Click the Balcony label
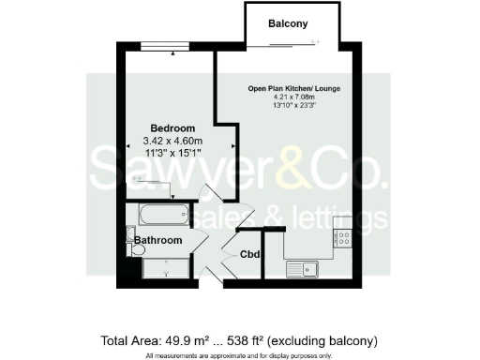coord(288,23)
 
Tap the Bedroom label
coord(173,127)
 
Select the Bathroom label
coord(157,240)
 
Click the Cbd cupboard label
coord(250,254)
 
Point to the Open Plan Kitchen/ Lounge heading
coord(293,88)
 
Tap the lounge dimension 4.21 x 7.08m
coord(293,97)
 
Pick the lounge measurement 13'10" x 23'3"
coord(293,105)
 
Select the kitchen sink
coord(305,270)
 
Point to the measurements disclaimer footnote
coord(240,354)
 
